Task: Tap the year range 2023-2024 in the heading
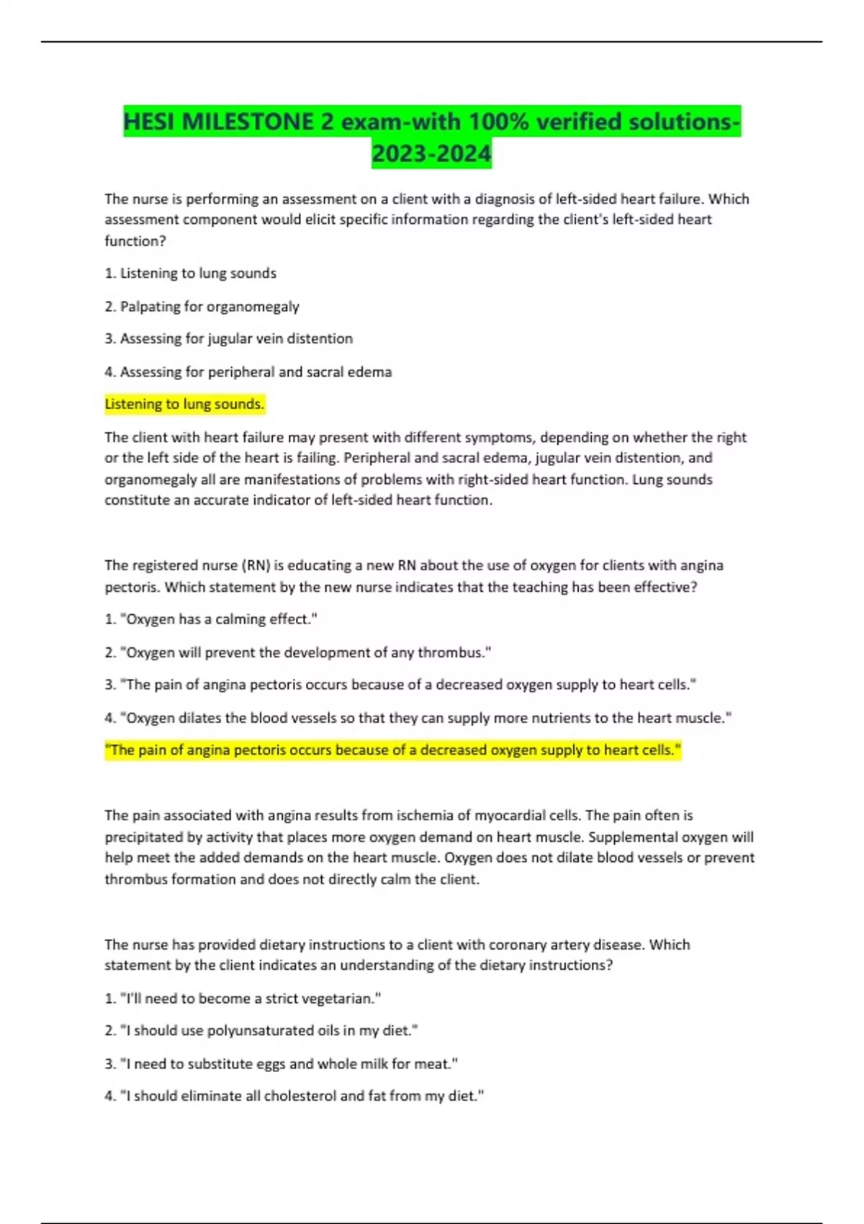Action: pyautogui.click(x=431, y=153)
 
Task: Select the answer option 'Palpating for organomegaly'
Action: pyautogui.click(x=202, y=307)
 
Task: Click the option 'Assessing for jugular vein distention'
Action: pyautogui.click(x=228, y=338)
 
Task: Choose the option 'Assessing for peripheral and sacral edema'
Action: pyautogui.click(x=248, y=372)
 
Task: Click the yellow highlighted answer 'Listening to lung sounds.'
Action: pyautogui.click(x=184, y=404)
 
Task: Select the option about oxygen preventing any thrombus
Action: pyautogui.click(x=297, y=652)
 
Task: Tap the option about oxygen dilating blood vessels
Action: pyautogui.click(x=418, y=718)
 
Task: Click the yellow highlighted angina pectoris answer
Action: pyautogui.click(x=392, y=750)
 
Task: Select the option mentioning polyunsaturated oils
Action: pyautogui.click(x=261, y=1030)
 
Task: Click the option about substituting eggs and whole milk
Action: pyautogui.click(x=281, y=1063)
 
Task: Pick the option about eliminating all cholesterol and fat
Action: pyautogui.click(x=294, y=1096)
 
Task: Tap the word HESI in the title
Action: pyautogui.click(x=150, y=122)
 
